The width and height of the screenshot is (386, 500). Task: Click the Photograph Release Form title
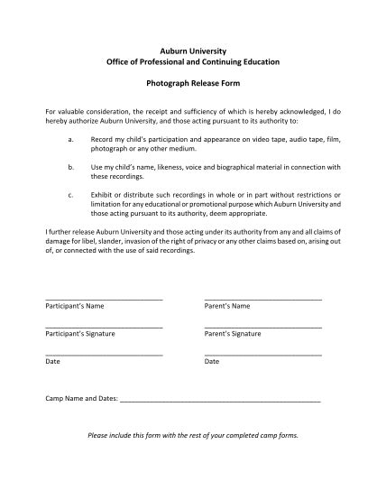pos(192,81)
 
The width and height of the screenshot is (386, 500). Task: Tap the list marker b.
pos(70,167)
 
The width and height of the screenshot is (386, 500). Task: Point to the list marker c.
pos(70,193)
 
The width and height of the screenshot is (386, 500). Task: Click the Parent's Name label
pos(227,306)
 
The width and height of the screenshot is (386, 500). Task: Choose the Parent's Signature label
pos(233,333)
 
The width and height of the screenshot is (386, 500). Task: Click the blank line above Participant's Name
pos(104,299)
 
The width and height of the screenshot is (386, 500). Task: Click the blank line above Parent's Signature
pos(262,326)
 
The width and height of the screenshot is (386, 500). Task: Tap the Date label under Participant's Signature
pos(52,361)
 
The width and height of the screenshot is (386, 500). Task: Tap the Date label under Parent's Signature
pos(212,361)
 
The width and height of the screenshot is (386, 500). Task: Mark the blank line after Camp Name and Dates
pos(220,400)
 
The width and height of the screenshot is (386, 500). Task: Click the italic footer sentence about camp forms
pos(192,434)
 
